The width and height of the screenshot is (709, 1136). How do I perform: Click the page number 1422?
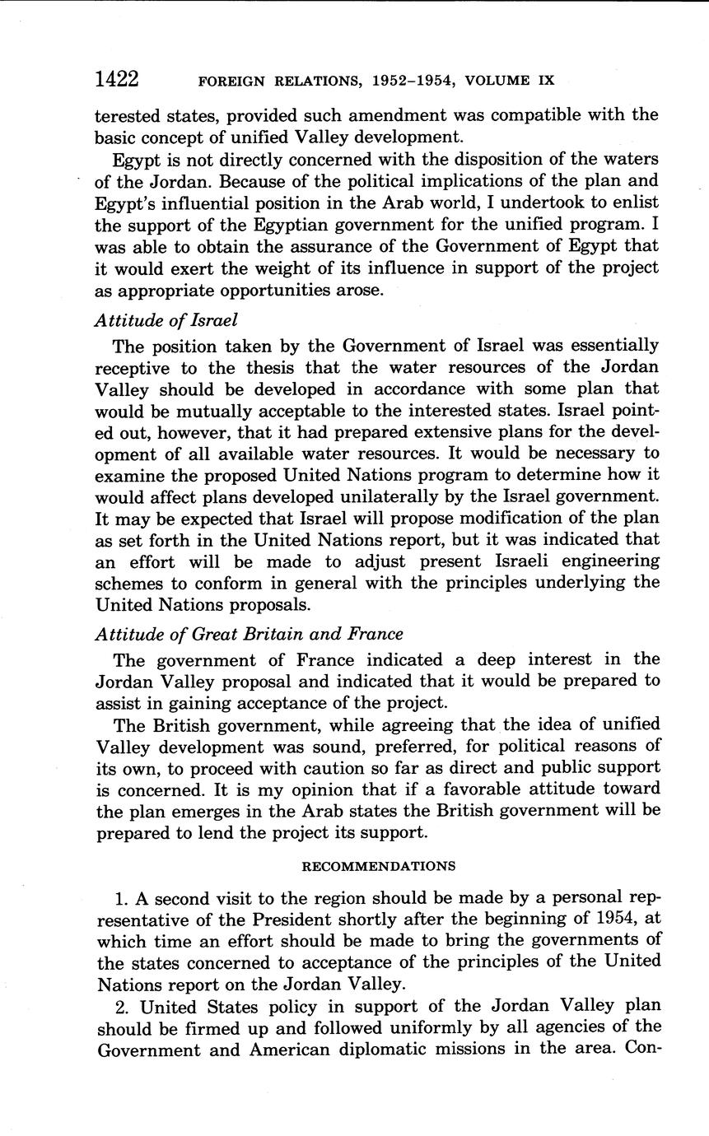117,79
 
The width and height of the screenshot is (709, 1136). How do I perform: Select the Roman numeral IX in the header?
545,81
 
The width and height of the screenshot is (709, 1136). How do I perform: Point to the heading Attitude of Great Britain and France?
249,634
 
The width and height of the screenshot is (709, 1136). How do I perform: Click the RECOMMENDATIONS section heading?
378,866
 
